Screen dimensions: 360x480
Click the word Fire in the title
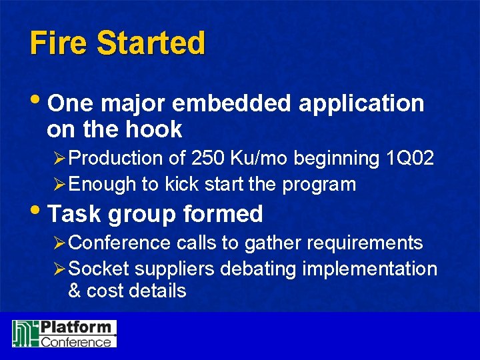59,43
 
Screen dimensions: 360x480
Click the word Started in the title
151,43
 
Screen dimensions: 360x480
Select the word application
361,104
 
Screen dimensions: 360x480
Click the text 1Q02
410,158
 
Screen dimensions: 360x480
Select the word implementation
369,269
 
